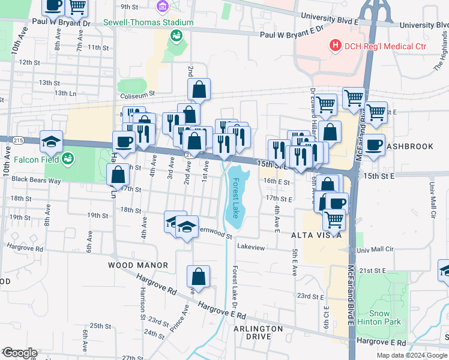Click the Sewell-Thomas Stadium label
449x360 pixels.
[x=148, y=23]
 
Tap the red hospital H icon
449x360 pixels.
[x=334, y=46]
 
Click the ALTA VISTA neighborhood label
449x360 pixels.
[x=316, y=235]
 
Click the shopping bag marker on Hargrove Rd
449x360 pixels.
[x=198, y=277]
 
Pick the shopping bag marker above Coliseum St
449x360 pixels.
[x=199, y=89]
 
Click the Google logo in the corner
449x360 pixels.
[x=19, y=353]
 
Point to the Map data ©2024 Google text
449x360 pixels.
[x=412, y=355]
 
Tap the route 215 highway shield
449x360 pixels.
[x=18, y=140]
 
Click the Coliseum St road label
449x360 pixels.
[x=139, y=94]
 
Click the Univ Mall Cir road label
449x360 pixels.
[x=375, y=248]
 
